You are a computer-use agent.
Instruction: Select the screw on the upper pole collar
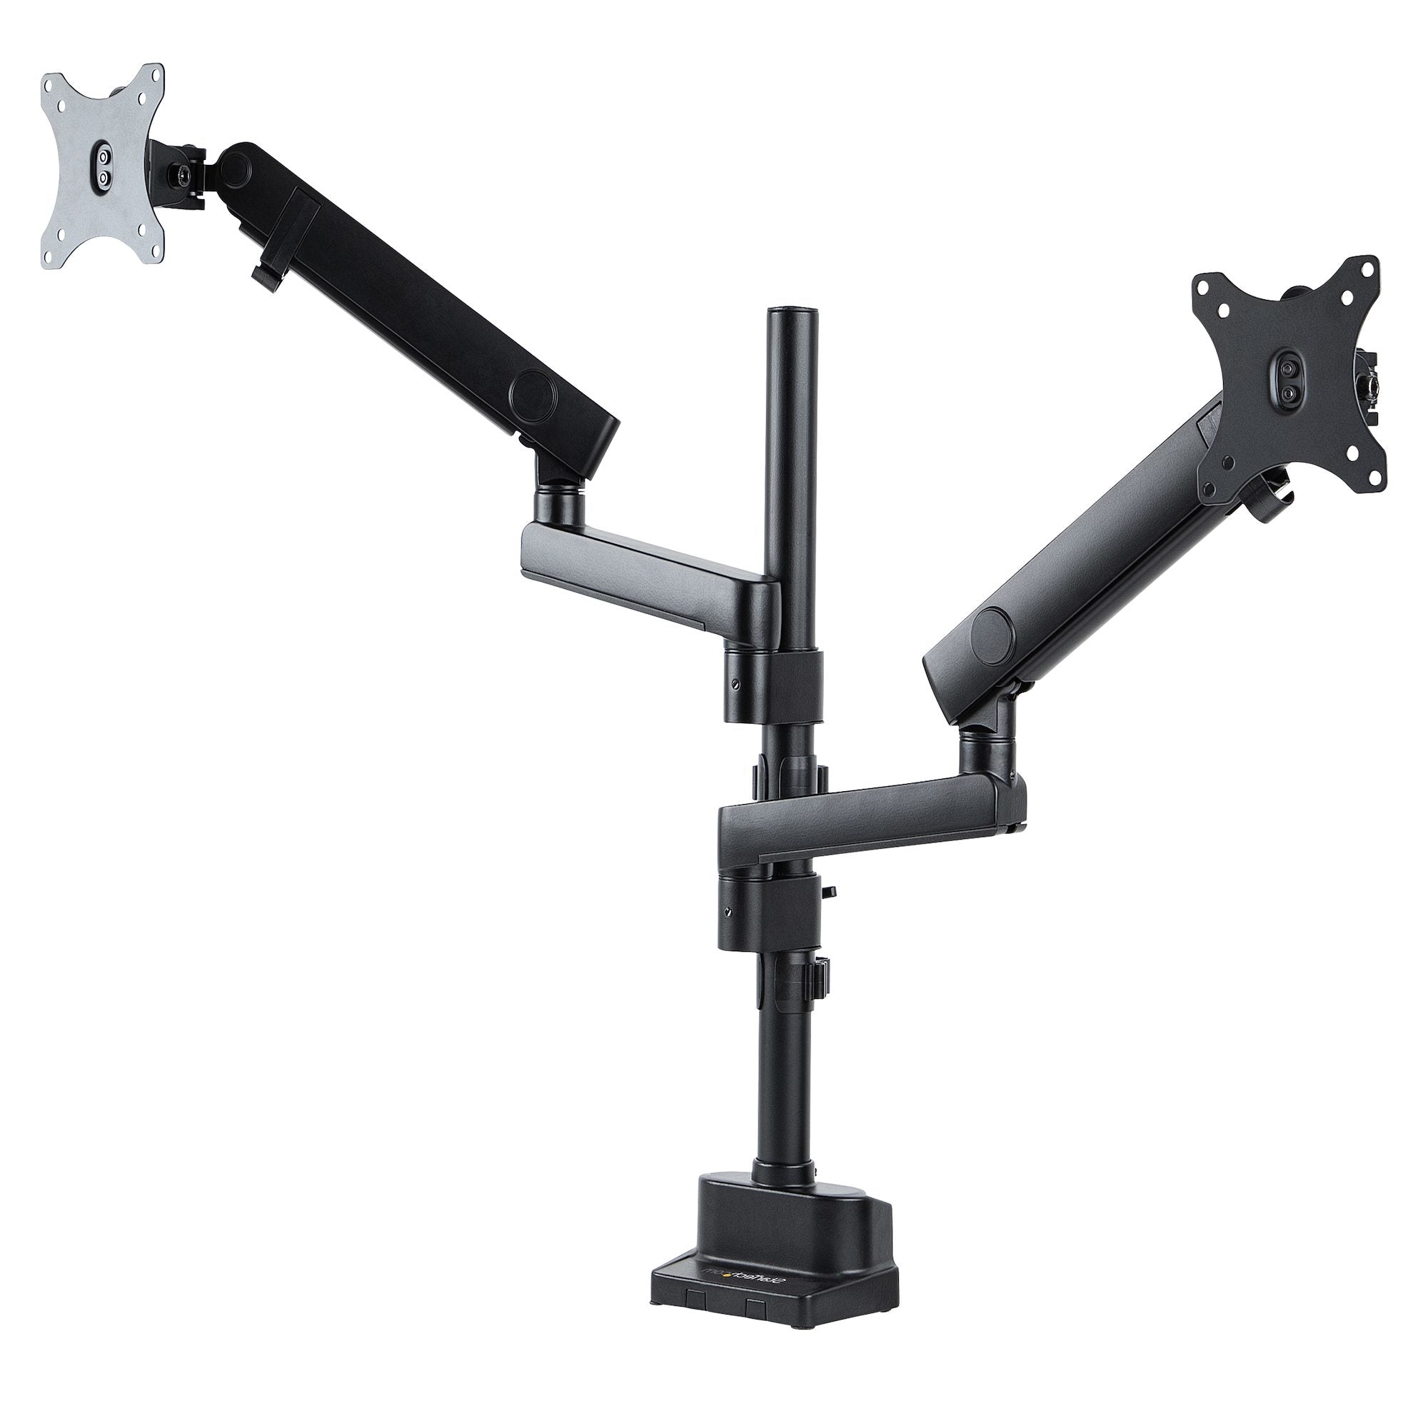(735, 684)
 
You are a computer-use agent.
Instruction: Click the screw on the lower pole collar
(730, 910)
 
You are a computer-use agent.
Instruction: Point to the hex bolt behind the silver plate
(180, 174)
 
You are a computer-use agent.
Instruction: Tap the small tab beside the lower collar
(831, 892)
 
